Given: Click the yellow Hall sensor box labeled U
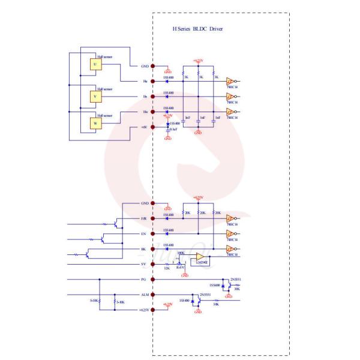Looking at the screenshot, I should (x=94, y=65).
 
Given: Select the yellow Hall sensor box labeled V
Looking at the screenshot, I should (x=94, y=95).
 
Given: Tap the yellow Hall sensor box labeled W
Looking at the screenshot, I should (x=94, y=124).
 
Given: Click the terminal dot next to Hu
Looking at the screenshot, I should (x=153, y=82).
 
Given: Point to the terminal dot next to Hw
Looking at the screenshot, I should (x=153, y=112).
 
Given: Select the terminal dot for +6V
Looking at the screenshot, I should (x=153, y=127).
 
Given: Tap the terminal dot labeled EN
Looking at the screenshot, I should (x=153, y=234).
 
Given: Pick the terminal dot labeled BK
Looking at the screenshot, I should (x=153, y=249).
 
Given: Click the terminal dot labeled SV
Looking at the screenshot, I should (x=153, y=264).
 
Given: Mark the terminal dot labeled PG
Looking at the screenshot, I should (x=153, y=280).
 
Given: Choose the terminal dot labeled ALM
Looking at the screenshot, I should (x=153, y=295).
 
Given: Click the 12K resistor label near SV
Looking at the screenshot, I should (x=167, y=268).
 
